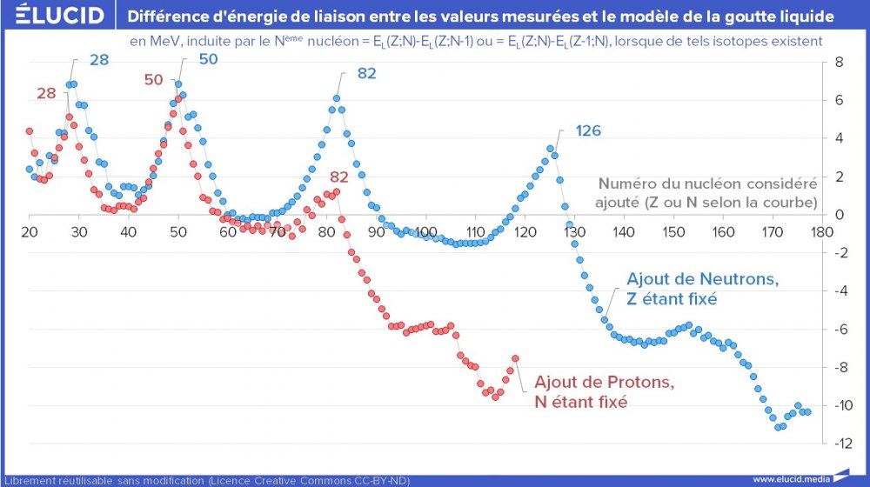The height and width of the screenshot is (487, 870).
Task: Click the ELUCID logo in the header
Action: click(x=55, y=16)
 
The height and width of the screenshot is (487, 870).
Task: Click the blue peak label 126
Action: click(x=588, y=131)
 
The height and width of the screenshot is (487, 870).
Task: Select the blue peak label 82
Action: click(x=366, y=73)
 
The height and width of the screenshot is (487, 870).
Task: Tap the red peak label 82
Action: click(x=338, y=177)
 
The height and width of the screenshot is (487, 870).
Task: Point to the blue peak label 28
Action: click(x=99, y=60)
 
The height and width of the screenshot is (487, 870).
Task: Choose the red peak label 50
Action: click(x=153, y=80)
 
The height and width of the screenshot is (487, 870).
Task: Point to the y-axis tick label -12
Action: click(x=840, y=444)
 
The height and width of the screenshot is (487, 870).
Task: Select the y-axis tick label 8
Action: click(x=839, y=63)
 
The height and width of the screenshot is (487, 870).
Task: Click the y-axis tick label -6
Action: click(x=840, y=330)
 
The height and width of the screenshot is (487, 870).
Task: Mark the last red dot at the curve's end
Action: click(x=515, y=358)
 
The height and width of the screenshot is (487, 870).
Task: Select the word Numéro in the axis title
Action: click(x=626, y=184)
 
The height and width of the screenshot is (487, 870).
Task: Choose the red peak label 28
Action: click(x=46, y=94)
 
